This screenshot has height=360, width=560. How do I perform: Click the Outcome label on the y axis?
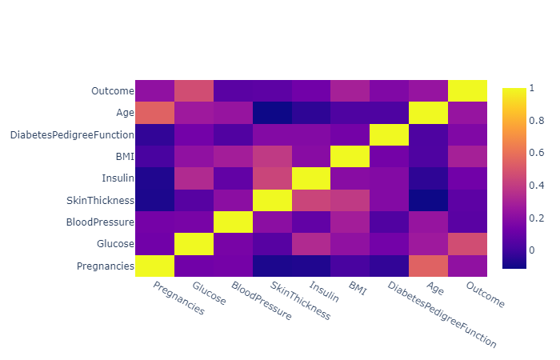click(x=111, y=90)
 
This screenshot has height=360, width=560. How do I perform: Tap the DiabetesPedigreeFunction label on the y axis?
click(x=71, y=134)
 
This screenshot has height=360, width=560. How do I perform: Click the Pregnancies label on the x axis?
click(x=178, y=298)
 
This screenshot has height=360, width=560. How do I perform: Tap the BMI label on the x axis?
click(x=356, y=287)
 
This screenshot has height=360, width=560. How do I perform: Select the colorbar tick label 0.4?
click(x=520, y=185)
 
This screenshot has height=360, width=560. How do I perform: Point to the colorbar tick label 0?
click(x=516, y=250)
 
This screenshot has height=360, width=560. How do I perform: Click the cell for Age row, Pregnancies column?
click(x=154, y=113)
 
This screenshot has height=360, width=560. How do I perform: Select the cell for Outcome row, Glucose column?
click(x=194, y=91)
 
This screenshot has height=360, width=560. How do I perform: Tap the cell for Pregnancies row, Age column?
click(x=428, y=265)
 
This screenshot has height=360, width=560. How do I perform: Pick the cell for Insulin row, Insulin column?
click(x=310, y=178)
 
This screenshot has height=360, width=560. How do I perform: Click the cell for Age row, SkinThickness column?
click(x=272, y=113)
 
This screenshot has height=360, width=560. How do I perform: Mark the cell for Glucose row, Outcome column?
click(x=467, y=243)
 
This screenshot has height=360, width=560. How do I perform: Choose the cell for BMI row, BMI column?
click(x=350, y=156)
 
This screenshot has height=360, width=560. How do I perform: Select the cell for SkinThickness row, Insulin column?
click(x=310, y=200)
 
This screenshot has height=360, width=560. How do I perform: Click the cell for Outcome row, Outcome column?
click(x=467, y=91)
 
